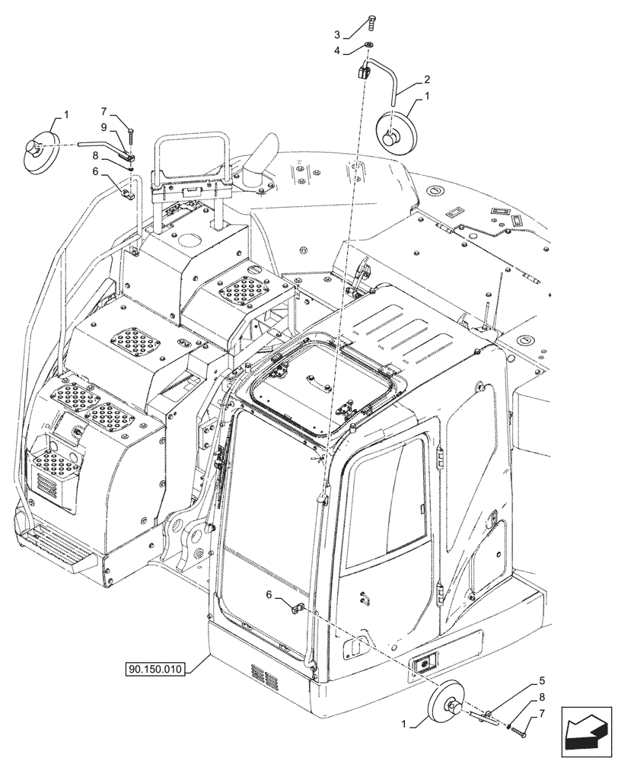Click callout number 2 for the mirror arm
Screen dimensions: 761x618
point(427,80)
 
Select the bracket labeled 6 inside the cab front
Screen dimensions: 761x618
point(297,607)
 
